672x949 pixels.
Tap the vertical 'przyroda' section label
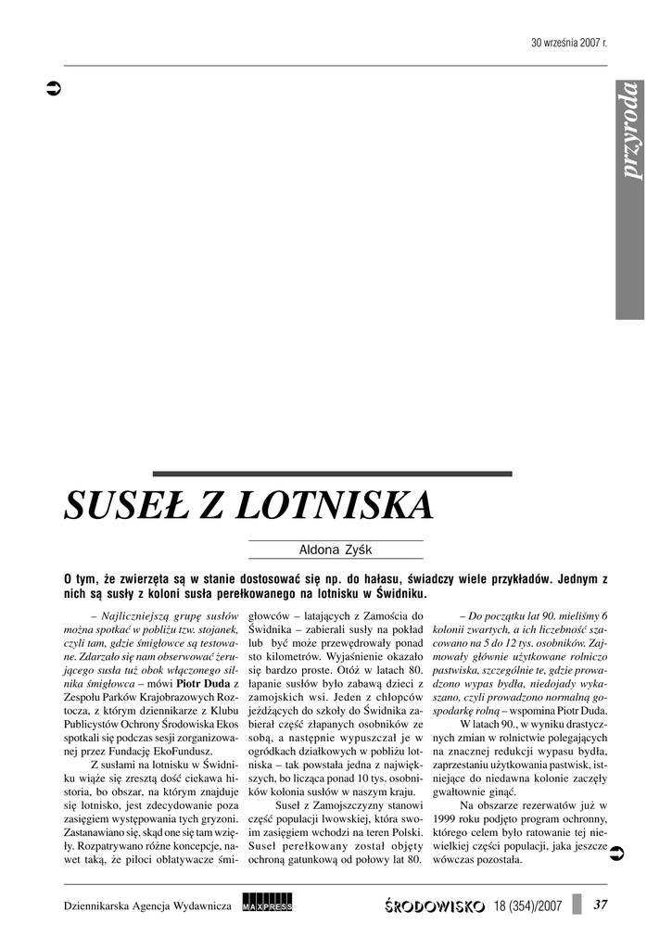pos(630,132)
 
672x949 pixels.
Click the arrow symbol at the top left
pos(54,90)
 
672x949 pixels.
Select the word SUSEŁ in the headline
pos(126,506)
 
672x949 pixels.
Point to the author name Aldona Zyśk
pos(336,550)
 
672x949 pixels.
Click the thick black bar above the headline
pos(332,474)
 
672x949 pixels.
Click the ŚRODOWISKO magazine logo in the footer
pos(434,905)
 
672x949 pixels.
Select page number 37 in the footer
pos(601,905)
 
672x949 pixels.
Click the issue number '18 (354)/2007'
pos(528,905)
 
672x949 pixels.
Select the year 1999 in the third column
pos(446,819)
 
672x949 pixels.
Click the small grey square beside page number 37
pos(577,905)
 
